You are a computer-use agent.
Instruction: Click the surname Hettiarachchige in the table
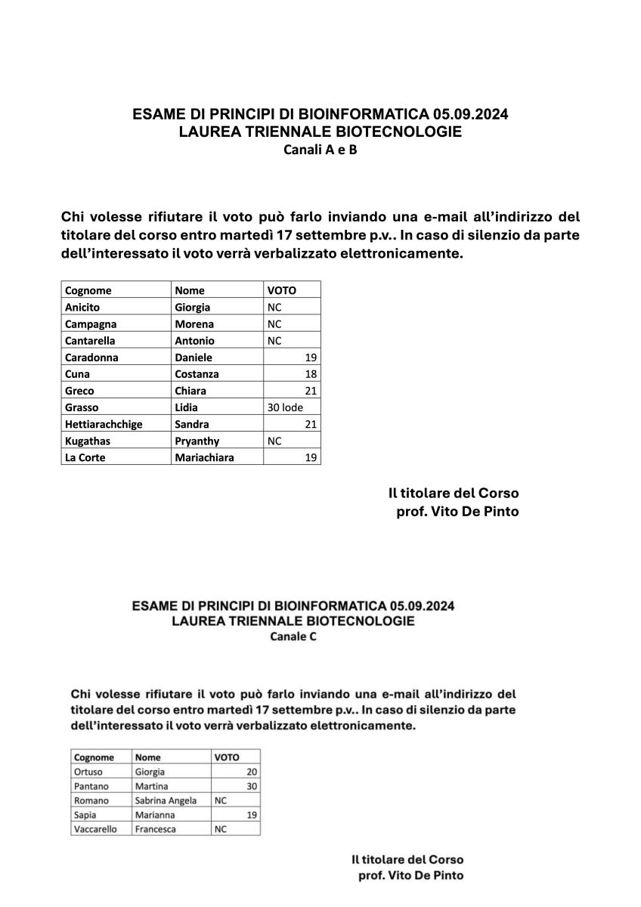click(x=104, y=424)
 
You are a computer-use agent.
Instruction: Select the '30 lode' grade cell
click(x=285, y=407)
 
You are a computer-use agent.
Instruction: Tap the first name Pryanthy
click(x=197, y=441)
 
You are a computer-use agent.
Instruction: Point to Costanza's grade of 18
click(x=311, y=374)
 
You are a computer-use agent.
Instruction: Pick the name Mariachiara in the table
click(x=204, y=457)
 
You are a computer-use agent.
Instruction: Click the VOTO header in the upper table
click(x=282, y=290)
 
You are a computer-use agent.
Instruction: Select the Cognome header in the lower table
click(x=94, y=757)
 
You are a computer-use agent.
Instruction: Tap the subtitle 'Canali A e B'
click(x=320, y=150)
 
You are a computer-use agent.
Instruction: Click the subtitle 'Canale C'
click(x=293, y=637)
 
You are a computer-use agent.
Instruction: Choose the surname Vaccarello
click(x=96, y=829)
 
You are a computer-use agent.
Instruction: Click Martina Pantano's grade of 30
click(x=252, y=786)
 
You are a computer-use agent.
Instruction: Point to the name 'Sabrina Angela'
click(x=166, y=800)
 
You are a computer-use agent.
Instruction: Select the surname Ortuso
click(x=88, y=772)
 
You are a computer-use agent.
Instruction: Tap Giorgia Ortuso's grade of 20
click(x=252, y=772)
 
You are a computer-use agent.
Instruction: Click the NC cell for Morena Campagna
click(x=274, y=323)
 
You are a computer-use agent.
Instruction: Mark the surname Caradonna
click(x=91, y=358)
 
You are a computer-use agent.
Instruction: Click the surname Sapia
click(x=85, y=815)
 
